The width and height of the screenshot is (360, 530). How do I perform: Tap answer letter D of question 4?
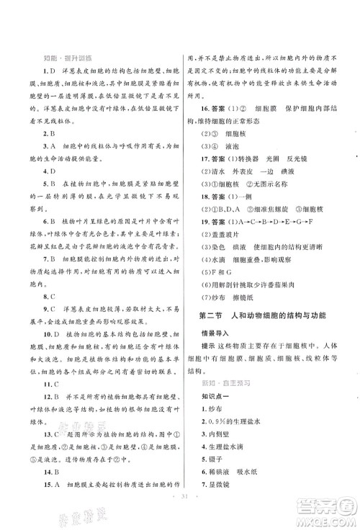(x=53, y=171)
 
